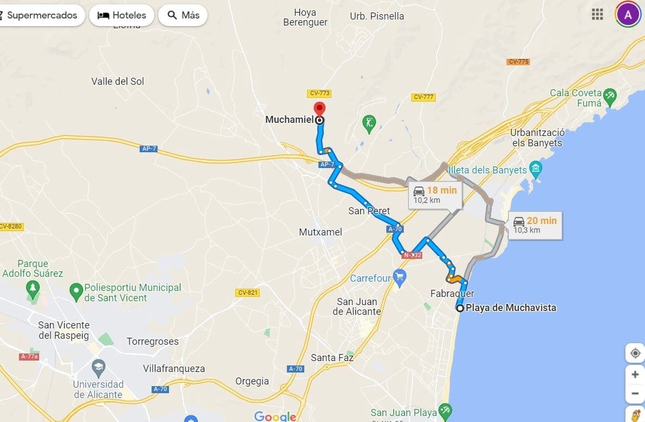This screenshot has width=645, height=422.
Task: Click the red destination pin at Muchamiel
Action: (x=320, y=108)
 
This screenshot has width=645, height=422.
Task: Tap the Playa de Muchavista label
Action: (x=511, y=308)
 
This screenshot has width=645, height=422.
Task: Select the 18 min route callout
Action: (x=435, y=194)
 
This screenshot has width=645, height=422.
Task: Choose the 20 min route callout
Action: (x=535, y=225)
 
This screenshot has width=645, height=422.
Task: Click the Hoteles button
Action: (x=122, y=15)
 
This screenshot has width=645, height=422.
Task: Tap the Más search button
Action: (x=183, y=15)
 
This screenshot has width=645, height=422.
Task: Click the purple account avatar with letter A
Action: (x=628, y=15)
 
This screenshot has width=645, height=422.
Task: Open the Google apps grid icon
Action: (x=598, y=15)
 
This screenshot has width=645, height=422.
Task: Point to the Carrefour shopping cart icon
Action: (x=400, y=278)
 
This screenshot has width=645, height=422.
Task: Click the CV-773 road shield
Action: (x=319, y=94)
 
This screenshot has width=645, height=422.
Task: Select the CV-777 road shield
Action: (x=423, y=97)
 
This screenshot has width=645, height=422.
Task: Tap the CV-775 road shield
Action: (x=518, y=61)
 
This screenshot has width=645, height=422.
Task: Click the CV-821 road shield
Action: (x=248, y=293)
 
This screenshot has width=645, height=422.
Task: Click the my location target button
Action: (x=635, y=353)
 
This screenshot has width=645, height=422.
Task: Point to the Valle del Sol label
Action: (x=118, y=82)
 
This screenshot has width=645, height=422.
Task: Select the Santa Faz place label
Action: (x=332, y=358)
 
